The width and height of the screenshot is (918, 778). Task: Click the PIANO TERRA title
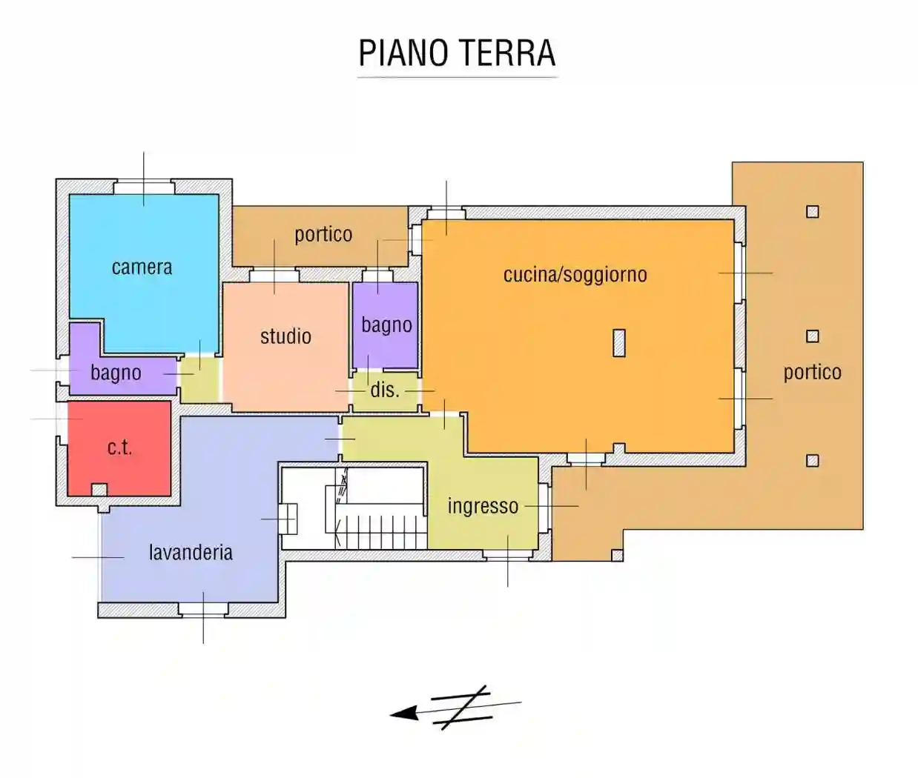(x=457, y=53)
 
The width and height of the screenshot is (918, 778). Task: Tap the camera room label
(x=142, y=267)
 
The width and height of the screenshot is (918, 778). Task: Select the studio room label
(x=285, y=336)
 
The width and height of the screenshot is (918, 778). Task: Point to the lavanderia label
(x=191, y=553)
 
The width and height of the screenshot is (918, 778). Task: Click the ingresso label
(x=483, y=506)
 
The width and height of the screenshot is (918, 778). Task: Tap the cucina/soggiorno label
(x=575, y=275)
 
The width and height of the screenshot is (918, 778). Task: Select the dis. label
(x=384, y=390)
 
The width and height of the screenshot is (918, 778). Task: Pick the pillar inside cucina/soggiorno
(x=619, y=342)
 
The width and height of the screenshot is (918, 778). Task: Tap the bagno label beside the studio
(x=386, y=325)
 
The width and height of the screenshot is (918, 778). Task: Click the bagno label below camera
(x=116, y=373)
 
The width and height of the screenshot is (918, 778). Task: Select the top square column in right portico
(x=813, y=212)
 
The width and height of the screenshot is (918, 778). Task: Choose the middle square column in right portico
(x=813, y=336)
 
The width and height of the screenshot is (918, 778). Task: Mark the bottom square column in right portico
(x=813, y=461)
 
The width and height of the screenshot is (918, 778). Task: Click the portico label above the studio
(x=323, y=235)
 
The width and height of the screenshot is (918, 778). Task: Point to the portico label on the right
(x=812, y=372)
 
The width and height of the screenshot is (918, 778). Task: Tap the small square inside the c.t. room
(x=99, y=490)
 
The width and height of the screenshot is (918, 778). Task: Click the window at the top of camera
(x=143, y=186)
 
